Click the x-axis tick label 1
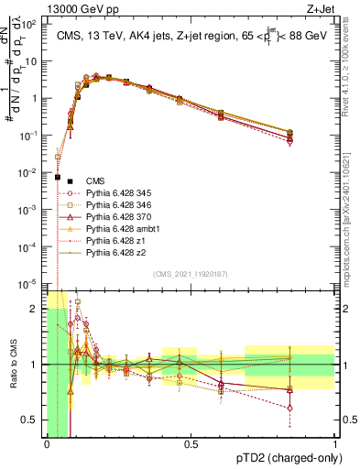(x=334, y=443)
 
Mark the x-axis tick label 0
(x=47, y=443)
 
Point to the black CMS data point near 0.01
(x=58, y=177)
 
